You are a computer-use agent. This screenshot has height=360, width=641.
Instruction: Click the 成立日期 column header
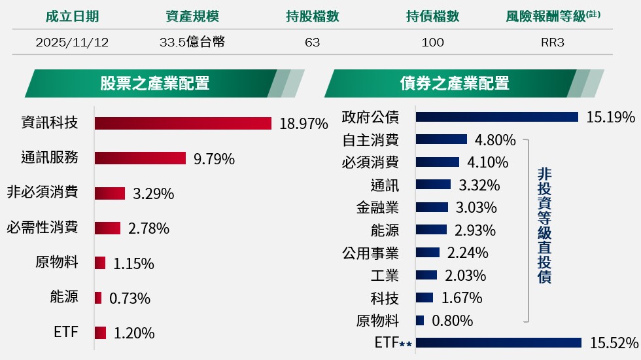[x=72, y=17]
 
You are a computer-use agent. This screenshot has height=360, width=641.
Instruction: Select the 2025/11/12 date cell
[x=72, y=43]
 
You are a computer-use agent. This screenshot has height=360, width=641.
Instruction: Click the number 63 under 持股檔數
[x=312, y=43]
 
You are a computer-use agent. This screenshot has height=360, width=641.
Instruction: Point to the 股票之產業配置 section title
[x=154, y=83]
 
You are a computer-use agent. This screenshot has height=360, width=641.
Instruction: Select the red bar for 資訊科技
[x=183, y=123]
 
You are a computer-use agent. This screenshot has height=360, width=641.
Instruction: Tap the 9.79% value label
[x=214, y=158]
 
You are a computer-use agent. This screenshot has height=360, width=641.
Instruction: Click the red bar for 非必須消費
[x=110, y=193]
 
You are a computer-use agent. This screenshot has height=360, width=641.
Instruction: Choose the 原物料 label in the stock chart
[x=57, y=262]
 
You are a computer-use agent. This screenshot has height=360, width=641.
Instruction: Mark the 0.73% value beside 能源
[x=130, y=298]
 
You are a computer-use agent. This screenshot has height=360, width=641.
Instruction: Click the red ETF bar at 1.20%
[x=100, y=333]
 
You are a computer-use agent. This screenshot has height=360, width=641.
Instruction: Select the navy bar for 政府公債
[x=497, y=117]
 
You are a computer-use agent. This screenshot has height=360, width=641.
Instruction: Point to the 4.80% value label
[x=495, y=140]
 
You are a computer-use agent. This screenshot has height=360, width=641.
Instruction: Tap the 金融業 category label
[x=377, y=208]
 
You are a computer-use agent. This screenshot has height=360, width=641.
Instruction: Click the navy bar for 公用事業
[x=428, y=253]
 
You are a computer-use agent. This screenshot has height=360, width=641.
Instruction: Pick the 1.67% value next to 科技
[x=462, y=298]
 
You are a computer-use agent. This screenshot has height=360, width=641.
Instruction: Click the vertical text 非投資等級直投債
[x=544, y=225]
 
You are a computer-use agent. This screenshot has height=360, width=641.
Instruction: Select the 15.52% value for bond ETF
[x=614, y=343]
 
